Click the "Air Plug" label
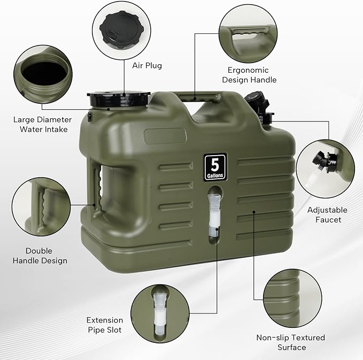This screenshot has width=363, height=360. tap(146, 66)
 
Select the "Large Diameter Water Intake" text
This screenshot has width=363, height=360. tap(43, 124)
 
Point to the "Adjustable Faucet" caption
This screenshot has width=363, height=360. tap(327, 215)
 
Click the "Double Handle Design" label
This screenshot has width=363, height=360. tap(47, 255)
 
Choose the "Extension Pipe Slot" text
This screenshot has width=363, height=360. tap(104, 325)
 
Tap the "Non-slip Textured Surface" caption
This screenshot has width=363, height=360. tap(290, 342)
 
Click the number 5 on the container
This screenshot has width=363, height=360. tap(215, 163)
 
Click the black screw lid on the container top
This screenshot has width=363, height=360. tap(119, 98)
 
